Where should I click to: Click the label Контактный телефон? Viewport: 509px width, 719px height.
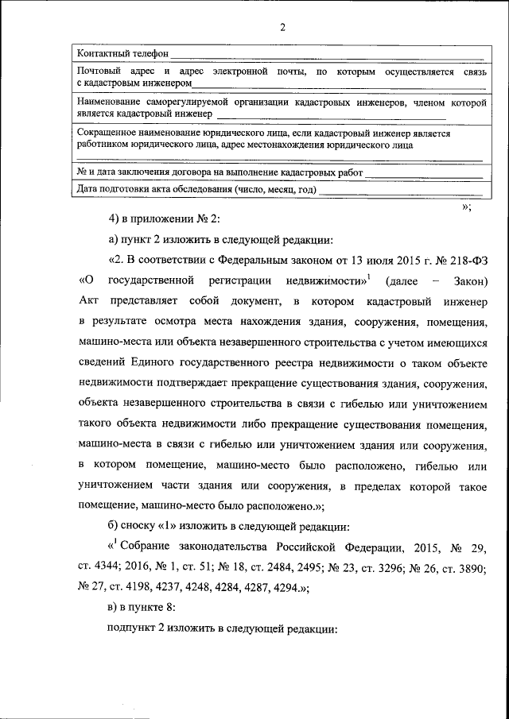[x=122, y=53]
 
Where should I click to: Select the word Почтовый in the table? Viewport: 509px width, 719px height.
[x=97, y=72]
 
